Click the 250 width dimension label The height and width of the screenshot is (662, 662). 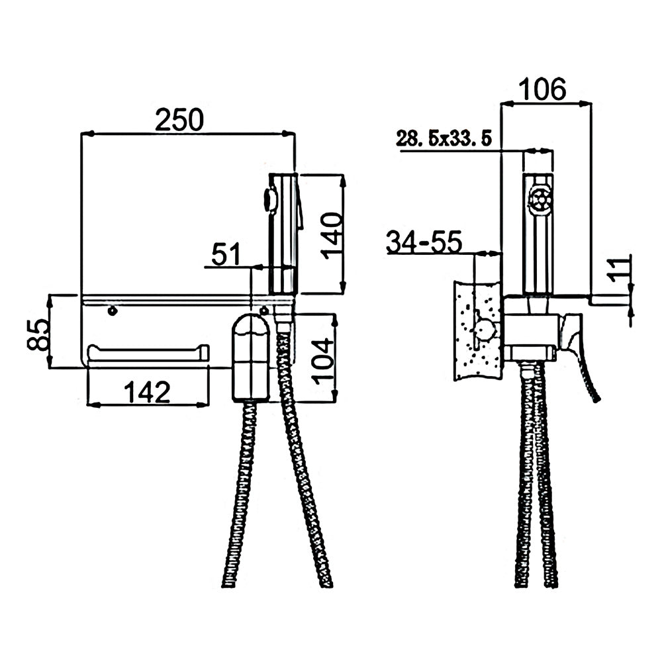[179, 120]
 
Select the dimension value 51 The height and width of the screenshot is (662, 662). [226, 254]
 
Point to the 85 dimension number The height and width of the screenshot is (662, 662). [38, 335]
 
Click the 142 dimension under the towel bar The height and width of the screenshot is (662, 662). [147, 392]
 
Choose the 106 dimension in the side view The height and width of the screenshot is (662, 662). [542, 89]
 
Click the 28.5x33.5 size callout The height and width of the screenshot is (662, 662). [444, 138]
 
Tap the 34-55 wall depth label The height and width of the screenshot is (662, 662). [424, 242]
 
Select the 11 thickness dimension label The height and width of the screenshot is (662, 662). [618, 270]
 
